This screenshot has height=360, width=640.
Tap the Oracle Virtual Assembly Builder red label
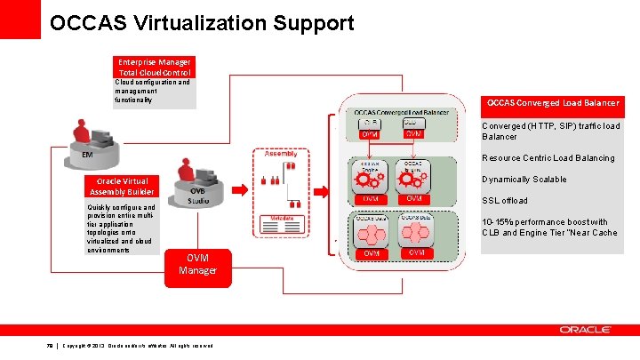tap(122, 187)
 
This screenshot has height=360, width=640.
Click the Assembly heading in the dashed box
tap(281, 154)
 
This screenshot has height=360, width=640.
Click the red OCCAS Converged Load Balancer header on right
tap(552, 104)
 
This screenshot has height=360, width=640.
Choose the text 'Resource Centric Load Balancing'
tap(548, 158)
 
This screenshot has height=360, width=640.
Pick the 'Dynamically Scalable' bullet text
tap(524, 180)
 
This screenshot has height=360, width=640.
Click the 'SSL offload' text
tap(504, 201)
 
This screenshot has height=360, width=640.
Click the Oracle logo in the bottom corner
tap(585, 330)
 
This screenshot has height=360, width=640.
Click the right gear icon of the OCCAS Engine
tap(413, 179)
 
